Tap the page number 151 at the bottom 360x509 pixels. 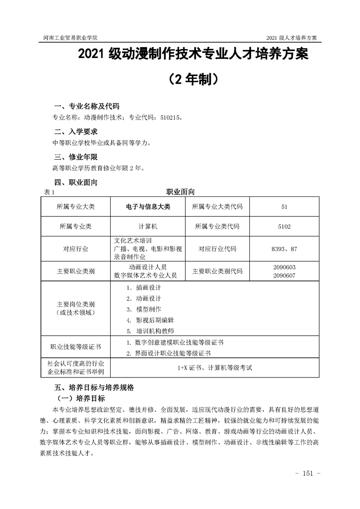308,474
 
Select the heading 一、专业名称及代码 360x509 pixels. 87,107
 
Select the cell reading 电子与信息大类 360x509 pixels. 148,207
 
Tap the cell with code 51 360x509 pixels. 285,207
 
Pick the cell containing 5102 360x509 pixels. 285,226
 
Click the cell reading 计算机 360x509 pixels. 148,226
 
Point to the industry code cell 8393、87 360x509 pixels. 285,249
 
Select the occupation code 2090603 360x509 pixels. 285,267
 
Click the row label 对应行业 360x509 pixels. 76,249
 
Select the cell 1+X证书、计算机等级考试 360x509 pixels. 215,368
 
